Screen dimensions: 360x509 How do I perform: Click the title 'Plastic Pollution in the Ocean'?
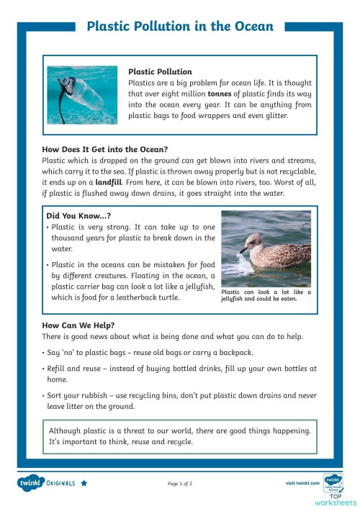[x=179, y=27]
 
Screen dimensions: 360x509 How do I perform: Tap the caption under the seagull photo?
[x=266, y=295]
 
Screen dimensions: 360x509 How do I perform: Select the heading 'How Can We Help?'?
[x=78, y=325]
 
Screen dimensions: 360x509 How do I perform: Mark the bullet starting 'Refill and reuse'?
[x=180, y=373]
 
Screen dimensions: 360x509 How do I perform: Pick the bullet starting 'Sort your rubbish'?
[x=180, y=400]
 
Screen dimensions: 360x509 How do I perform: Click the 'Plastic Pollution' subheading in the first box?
[x=160, y=72]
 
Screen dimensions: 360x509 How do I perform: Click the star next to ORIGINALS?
[x=84, y=482]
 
